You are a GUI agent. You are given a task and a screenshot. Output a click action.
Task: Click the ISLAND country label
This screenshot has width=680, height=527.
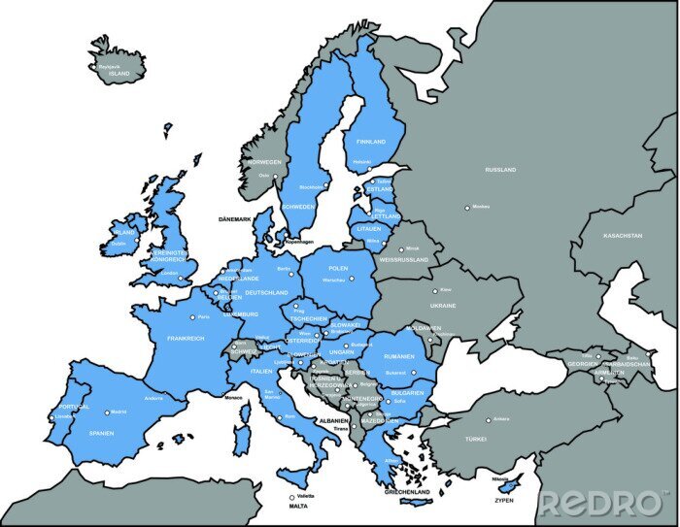pos(119,73)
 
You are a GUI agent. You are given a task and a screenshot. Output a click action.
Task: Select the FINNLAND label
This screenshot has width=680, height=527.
pos(371,142)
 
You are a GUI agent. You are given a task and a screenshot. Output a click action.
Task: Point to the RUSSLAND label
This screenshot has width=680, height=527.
pos(501,170)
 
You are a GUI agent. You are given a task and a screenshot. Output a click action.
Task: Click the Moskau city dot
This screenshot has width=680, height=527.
pos(467,208)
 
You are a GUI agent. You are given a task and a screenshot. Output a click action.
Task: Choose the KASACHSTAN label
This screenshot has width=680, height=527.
pos(623,236)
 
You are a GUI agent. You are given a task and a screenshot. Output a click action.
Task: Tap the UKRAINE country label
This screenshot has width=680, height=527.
pos(443,306)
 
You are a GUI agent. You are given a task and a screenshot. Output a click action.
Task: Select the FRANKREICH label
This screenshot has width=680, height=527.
pos(186,339)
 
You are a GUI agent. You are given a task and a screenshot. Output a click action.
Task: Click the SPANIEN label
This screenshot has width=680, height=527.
pos(102,433)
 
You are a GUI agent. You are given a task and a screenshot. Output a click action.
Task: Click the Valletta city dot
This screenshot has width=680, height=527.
pos(291,498)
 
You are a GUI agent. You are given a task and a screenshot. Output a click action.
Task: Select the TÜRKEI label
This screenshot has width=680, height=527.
pos(475,440)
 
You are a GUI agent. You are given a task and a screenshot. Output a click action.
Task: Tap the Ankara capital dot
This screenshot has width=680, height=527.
pos(489,420)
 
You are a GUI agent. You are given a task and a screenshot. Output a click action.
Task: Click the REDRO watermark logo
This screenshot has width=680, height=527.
pos(602,504)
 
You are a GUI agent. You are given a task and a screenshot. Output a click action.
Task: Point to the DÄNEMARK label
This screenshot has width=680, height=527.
pos(234,219)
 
